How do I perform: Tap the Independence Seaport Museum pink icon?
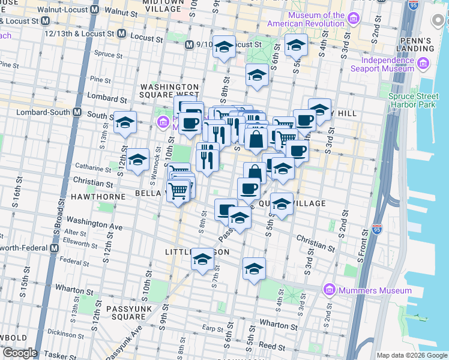424,64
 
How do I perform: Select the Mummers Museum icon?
329,290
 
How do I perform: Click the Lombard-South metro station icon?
77,112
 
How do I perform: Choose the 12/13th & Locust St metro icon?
122,33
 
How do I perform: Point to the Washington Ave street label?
94,224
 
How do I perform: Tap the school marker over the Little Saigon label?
202,259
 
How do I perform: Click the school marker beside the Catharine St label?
137,160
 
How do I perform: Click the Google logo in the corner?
20,353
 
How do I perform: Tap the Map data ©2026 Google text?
411,355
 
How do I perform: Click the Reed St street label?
271,346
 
